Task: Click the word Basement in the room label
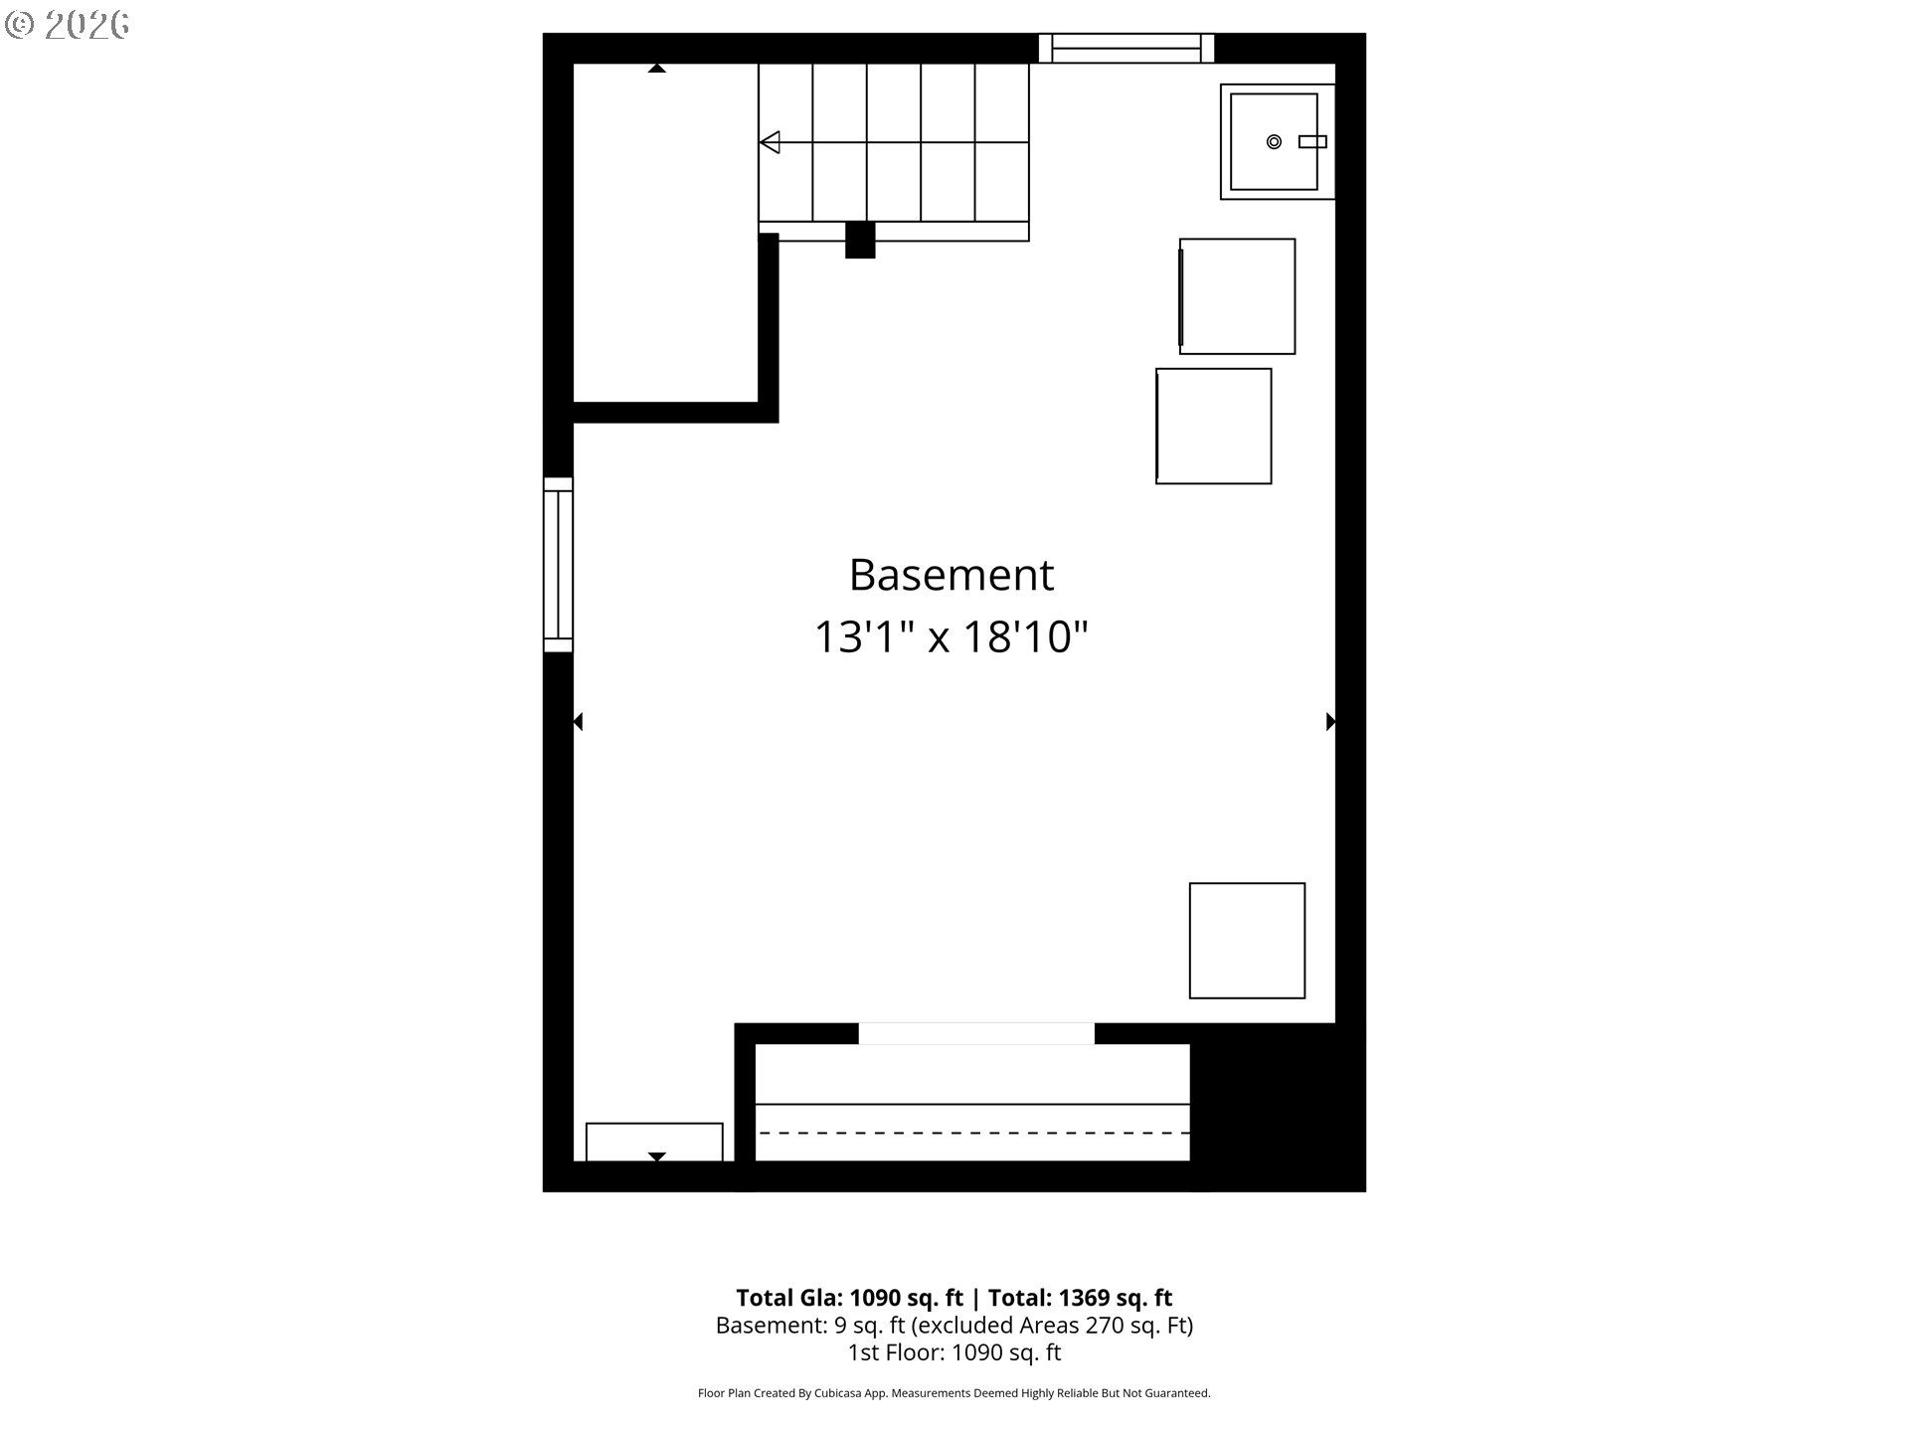(951, 575)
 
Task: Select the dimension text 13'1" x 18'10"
(952, 636)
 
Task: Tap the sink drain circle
(1274, 142)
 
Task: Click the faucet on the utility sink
(1312, 142)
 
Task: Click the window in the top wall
(1127, 48)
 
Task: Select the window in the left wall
(558, 565)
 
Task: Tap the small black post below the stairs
(860, 240)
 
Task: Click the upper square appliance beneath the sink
(1237, 296)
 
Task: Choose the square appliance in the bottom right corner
(1247, 941)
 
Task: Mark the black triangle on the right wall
(1330, 722)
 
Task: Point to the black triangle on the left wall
(578, 722)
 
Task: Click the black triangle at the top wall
(656, 69)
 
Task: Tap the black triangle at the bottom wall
(656, 1157)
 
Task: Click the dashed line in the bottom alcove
(973, 1133)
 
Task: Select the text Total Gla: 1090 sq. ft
(849, 1298)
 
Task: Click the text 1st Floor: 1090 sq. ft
(954, 1352)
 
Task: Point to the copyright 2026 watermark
(68, 25)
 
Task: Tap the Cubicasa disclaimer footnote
(954, 1393)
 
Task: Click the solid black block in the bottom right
(1278, 1107)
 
